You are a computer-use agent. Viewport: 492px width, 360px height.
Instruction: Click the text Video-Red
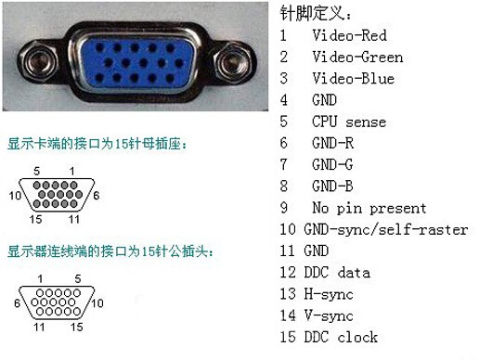349,36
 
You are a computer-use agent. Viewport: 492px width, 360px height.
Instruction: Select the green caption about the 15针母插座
97,145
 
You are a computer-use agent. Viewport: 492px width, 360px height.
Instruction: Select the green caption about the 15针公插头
110,251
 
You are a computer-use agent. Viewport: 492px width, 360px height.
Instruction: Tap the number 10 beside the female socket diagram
14,196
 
